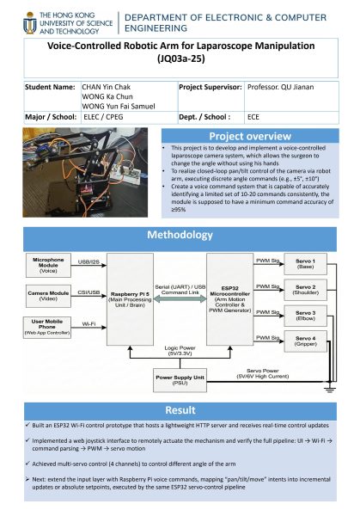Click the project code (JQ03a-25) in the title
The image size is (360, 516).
180,60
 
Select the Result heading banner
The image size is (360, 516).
180,410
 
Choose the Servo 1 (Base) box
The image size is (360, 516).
306,263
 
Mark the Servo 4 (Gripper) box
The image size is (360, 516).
306,341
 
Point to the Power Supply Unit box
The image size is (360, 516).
180,378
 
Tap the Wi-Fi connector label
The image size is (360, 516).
88,324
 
